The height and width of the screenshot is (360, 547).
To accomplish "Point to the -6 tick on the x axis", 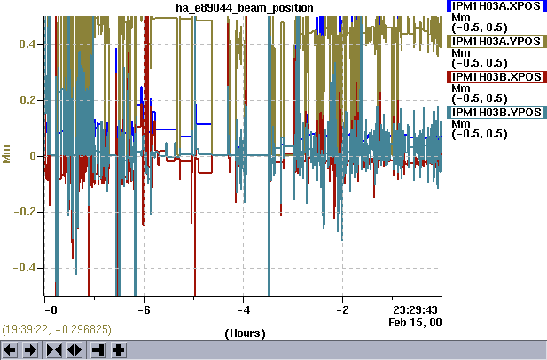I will [x=145, y=309].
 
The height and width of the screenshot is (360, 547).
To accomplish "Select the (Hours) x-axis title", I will [x=244, y=333].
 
